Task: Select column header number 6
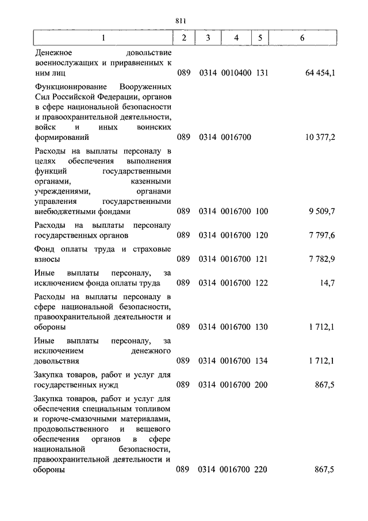click(302, 38)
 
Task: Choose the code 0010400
click(236, 73)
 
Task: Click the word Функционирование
click(68, 85)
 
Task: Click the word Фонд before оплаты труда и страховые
click(44, 249)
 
